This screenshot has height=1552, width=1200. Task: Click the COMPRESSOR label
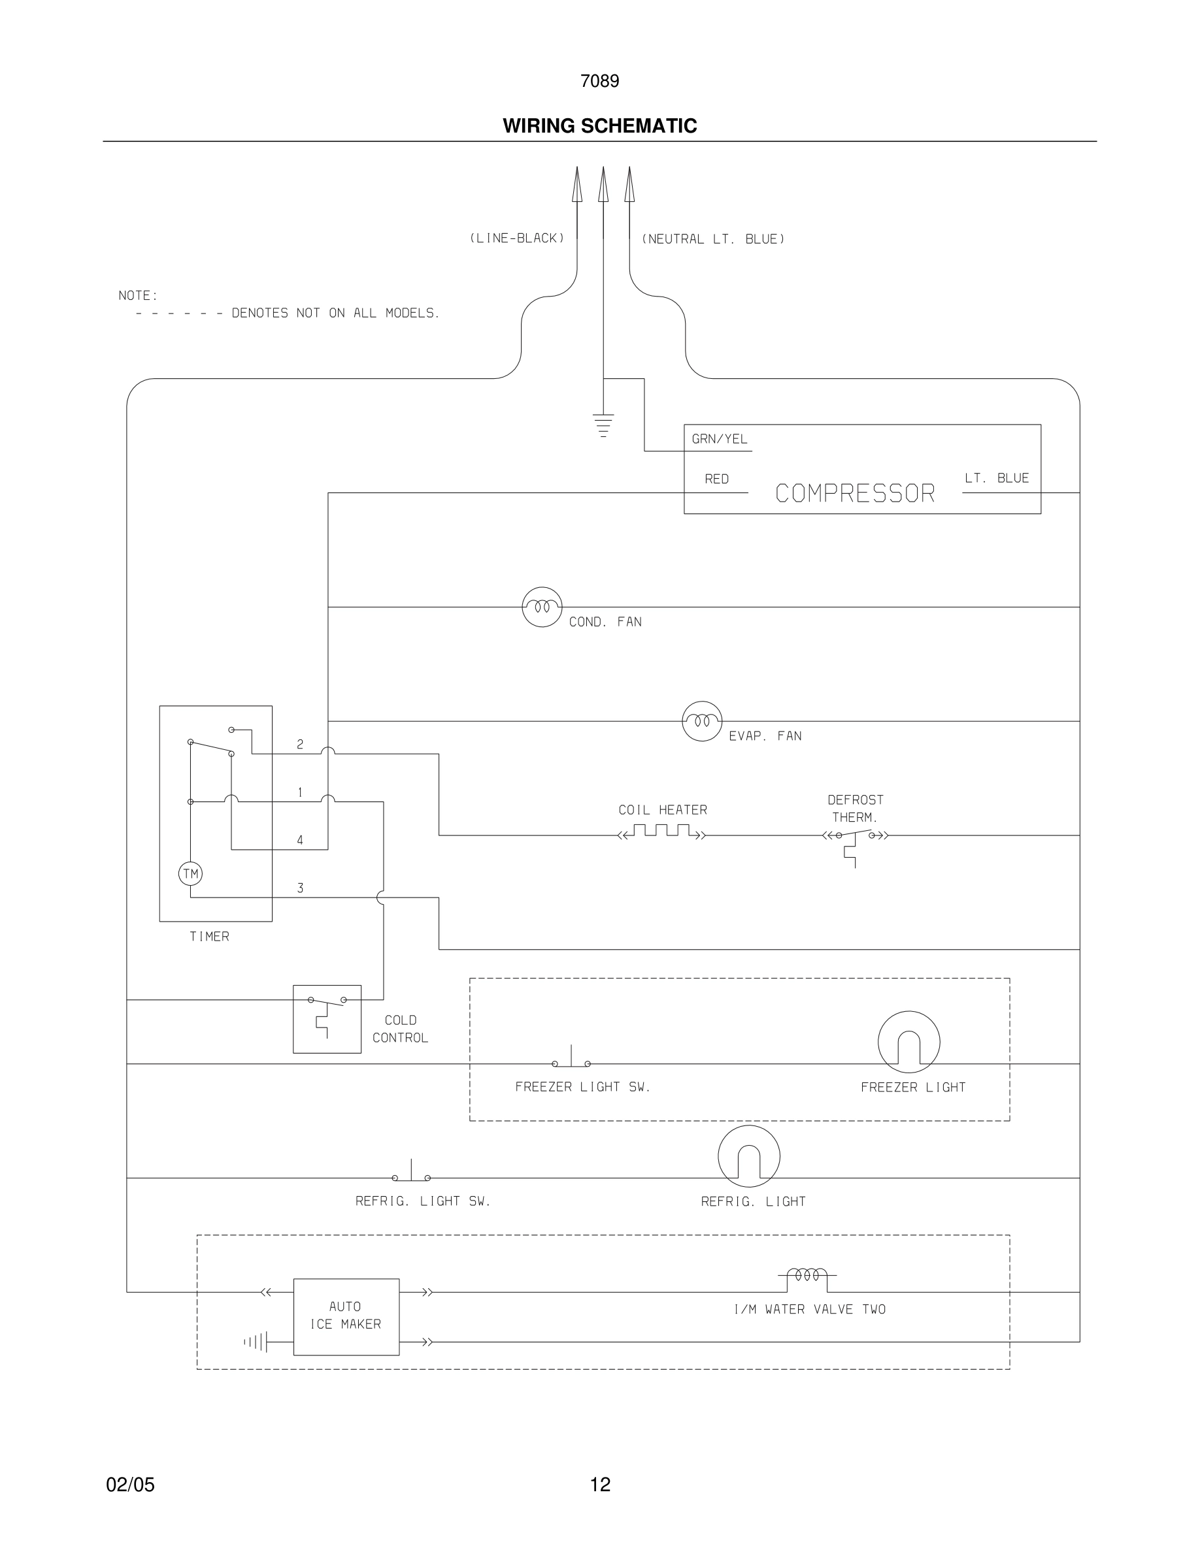(854, 493)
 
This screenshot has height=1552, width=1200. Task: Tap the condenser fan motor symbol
(542, 607)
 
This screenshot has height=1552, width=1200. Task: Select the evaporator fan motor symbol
(702, 720)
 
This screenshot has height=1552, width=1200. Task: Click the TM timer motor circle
(190, 874)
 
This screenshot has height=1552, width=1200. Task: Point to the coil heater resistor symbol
(662, 832)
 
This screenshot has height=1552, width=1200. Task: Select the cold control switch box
(327, 1019)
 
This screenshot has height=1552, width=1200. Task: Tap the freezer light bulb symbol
(908, 1042)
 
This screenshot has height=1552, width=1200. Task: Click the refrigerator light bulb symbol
(748, 1156)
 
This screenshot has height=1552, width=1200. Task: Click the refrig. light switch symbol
(411, 1173)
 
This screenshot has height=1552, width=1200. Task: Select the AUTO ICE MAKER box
(346, 1317)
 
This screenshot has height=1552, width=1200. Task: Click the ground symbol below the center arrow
(603, 424)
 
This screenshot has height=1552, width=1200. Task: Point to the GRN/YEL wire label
(720, 439)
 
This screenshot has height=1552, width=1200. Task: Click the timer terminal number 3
(300, 888)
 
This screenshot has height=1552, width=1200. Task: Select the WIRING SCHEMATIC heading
(599, 126)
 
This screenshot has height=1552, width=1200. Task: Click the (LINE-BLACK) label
(517, 238)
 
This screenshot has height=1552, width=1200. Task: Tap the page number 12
(600, 1485)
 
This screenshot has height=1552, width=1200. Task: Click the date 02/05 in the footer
(130, 1485)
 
